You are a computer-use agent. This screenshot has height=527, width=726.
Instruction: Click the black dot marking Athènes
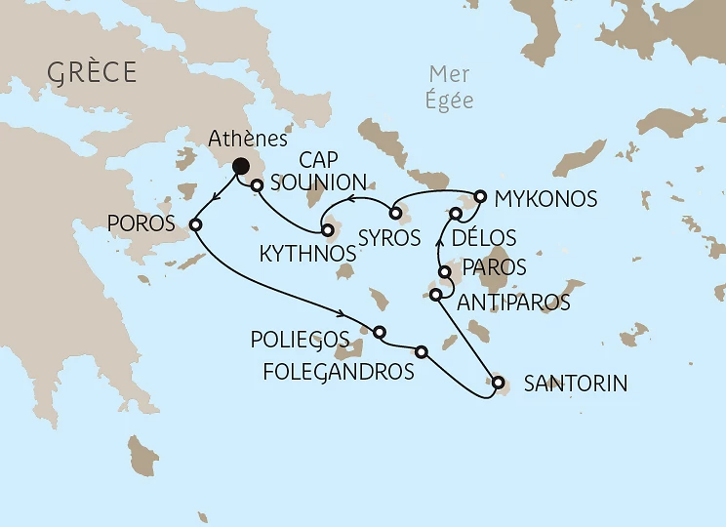pos(239,168)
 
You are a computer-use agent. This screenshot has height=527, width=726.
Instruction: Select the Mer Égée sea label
pos(451,87)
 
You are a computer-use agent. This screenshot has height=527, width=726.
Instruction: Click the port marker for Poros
pos(195,224)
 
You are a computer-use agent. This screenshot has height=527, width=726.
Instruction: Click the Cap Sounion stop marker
pos(258,184)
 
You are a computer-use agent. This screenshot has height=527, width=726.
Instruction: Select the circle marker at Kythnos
pos(328,231)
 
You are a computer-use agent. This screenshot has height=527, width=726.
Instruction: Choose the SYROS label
pos(389,237)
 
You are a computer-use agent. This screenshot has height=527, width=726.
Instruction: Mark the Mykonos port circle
pos(479,196)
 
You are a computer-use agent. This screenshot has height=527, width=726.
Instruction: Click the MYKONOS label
pos(545,199)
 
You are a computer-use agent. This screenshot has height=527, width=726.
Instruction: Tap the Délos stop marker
pos(456,213)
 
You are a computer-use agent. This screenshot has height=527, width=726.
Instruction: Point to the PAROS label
pos(495,266)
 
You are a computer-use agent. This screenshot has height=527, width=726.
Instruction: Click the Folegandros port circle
pos(421,351)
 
